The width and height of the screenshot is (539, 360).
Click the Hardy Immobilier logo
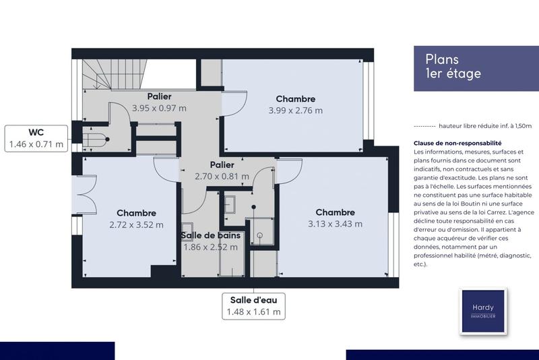482,311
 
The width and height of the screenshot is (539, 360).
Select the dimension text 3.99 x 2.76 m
295,111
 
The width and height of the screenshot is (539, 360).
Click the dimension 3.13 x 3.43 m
335,224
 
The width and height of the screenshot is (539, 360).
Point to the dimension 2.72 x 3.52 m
135,225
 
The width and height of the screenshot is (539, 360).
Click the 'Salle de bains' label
210,235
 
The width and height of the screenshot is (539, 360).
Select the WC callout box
36,138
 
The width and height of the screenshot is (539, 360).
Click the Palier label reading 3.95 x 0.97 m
159,108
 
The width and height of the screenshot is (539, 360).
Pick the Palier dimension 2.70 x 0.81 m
222,177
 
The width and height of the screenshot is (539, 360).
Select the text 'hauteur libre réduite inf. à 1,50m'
485,126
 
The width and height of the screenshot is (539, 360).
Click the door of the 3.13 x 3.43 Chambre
288,172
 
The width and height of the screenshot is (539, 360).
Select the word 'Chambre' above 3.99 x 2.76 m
295,98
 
